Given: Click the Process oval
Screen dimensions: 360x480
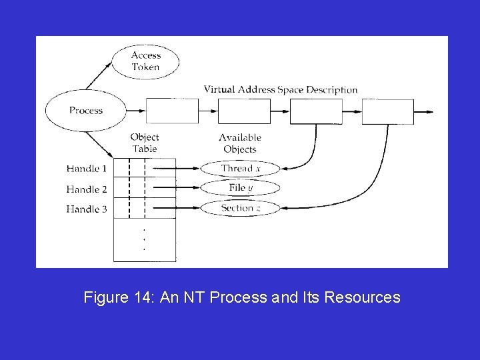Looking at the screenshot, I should [85, 110].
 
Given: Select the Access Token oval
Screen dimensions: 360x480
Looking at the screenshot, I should [145, 61].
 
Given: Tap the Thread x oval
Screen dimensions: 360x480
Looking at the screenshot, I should [240, 168].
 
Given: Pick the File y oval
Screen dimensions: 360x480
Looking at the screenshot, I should [240, 188].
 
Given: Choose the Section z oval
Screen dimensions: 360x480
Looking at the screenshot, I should [240, 208].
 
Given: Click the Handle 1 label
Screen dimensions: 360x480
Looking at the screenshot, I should [87, 169].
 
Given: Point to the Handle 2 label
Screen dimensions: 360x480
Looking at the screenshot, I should [87, 189].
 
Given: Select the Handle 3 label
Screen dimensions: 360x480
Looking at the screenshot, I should [87, 209].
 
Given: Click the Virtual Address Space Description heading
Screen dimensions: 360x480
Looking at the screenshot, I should [280, 89].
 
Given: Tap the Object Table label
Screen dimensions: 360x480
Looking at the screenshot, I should [145, 143].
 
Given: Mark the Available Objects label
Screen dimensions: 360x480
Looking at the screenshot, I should [240, 143].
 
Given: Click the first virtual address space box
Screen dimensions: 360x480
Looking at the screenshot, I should [171, 111].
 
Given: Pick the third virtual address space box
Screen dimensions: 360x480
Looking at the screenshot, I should [316, 111].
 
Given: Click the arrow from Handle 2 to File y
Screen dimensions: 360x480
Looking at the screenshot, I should [177, 188].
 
